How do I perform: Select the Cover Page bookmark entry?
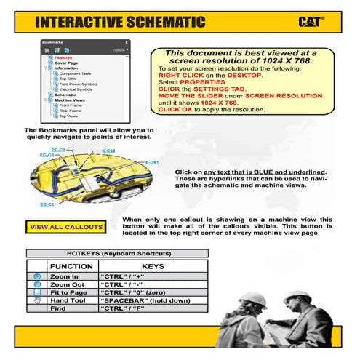click(x=66, y=63)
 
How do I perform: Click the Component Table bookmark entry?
click(x=75, y=73)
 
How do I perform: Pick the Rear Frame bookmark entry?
click(x=70, y=111)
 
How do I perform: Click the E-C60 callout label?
click(x=108, y=151)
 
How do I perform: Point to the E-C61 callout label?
click(x=152, y=162)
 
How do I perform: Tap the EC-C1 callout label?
click(x=47, y=204)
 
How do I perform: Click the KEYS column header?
click(x=153, y=267)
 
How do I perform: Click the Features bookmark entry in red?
click(x=63, y=57)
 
